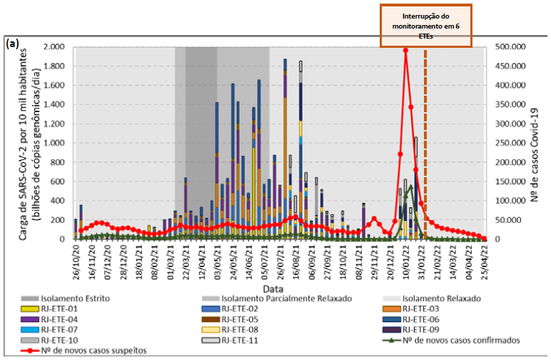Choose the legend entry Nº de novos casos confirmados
pos(457,341)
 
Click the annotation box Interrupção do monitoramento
pos(425,25)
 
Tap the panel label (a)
pos(11,44)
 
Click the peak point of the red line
pos(405,50)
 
